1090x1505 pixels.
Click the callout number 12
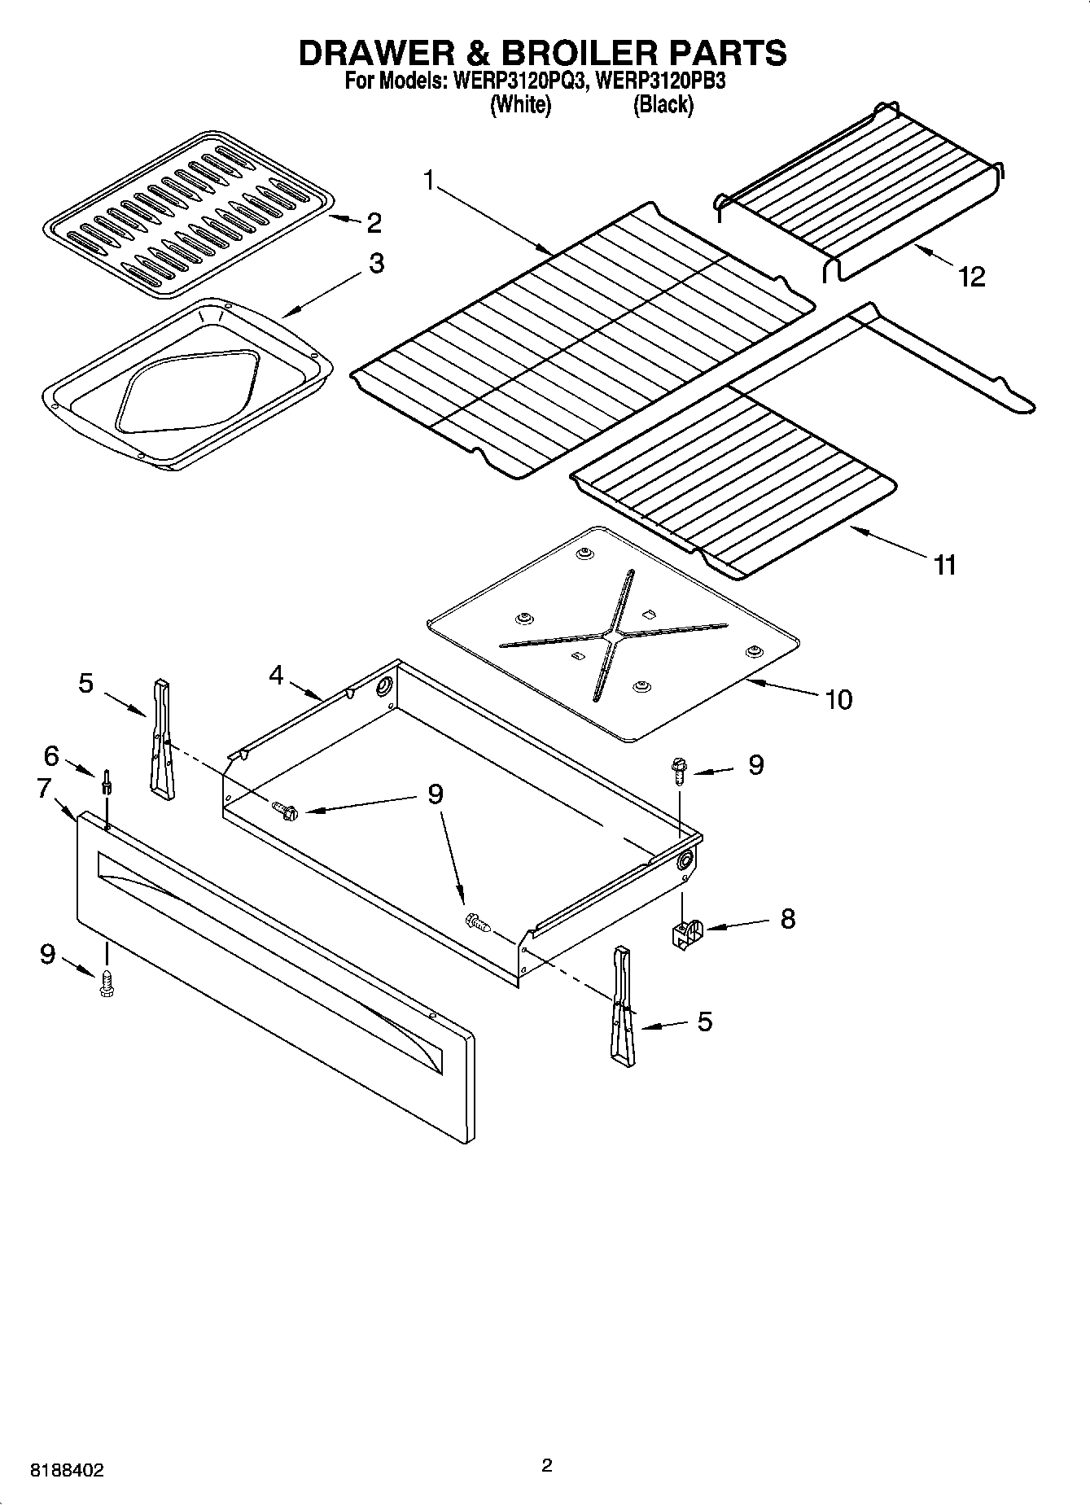click(972, 277)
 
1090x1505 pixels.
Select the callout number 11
click(944, 564)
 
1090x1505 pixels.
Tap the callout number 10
click(838, 699)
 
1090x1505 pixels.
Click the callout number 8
click(787, 919)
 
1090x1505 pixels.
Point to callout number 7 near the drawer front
click(45, 788)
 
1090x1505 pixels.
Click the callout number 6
click(50, 756)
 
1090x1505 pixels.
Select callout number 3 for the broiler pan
click(376, 264)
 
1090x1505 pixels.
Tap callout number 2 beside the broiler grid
click(374, 222)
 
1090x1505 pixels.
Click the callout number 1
click(428, 181)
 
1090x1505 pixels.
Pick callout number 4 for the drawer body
click(277, 675)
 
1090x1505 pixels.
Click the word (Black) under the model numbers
click(663, 104)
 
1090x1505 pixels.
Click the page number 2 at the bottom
click(546, 1466)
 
